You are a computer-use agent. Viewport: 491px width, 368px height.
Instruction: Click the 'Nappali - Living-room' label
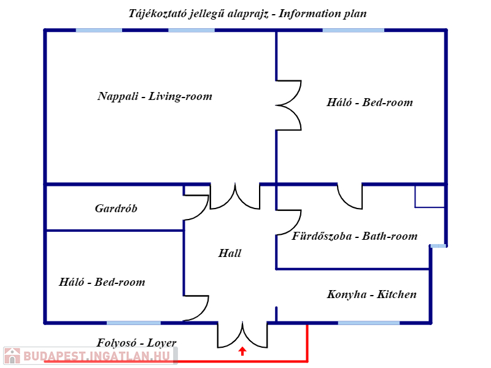click(155, 96)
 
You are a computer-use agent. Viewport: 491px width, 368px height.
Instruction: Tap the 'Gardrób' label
click(116, 209)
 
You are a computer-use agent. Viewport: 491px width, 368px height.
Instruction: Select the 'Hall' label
click(230, 253)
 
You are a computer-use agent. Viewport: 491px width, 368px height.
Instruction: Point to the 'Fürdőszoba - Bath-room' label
click(355, 236)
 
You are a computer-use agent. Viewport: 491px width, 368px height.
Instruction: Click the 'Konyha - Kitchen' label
click(372, 294)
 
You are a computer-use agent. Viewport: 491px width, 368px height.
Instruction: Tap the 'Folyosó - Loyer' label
click(136, 343)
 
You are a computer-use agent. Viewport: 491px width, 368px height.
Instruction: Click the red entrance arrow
click(242, 351)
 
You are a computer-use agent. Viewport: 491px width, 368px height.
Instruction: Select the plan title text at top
click(248, 13)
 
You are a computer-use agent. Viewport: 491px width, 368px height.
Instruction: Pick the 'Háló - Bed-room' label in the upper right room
click(369, 102)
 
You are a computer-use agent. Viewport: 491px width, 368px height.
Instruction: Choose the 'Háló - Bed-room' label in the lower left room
click(102, 282)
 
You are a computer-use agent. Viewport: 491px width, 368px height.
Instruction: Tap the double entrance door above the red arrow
click(242, 334)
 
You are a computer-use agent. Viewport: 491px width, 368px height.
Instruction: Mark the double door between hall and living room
click(235, 196)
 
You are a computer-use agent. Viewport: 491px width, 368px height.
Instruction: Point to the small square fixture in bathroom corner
click(430, 196)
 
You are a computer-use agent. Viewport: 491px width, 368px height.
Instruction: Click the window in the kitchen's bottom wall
click(368, 323)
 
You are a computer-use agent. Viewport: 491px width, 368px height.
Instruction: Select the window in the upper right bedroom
click(353, 30)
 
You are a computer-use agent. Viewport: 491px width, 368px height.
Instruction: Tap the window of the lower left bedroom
click(134, 323)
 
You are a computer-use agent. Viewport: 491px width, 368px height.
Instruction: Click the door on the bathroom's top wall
click(350, 196)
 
